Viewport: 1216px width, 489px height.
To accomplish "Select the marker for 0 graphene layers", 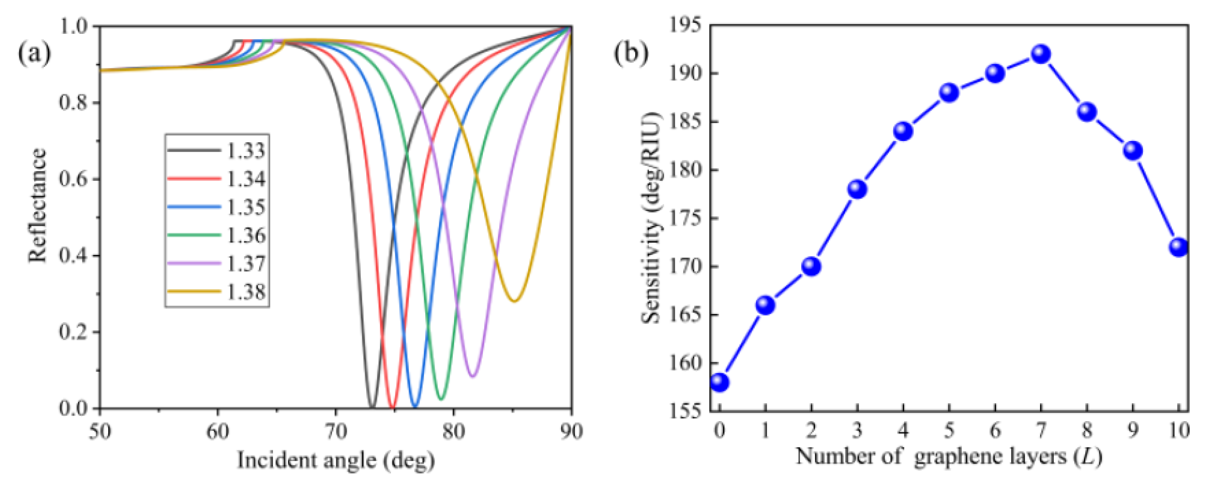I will tap(719, 382).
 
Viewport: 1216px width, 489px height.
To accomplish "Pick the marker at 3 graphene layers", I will tap(857, 189).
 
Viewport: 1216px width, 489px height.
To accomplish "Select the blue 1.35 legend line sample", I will tap(194, 207).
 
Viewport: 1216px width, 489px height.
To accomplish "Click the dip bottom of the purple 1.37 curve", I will tap(473, 376).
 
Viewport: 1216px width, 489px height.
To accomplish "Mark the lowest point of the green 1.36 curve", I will tap(441, 399).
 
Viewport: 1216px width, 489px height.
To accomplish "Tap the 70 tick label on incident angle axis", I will tap(335, 431).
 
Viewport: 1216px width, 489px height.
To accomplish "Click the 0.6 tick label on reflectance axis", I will tap(73, 179).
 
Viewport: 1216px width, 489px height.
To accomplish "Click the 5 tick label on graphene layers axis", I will tap(949, 430).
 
